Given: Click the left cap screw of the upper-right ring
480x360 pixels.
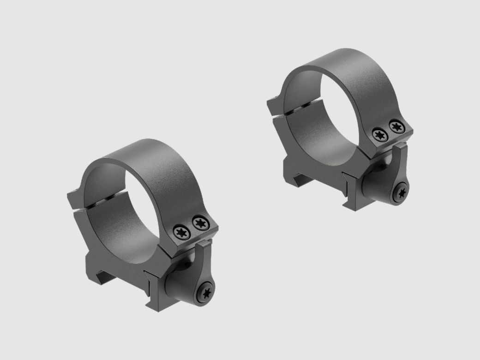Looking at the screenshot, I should pyautogui.click(x=379, y=134).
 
